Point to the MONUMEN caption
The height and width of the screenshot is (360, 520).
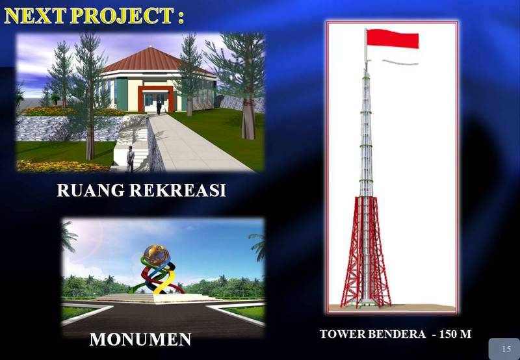(140, 339)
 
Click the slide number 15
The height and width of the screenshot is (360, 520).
(506, 350)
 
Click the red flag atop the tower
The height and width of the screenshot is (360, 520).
(393, 38)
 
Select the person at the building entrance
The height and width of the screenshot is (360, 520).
(158, 106)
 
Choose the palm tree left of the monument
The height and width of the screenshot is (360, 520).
(69, 237)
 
